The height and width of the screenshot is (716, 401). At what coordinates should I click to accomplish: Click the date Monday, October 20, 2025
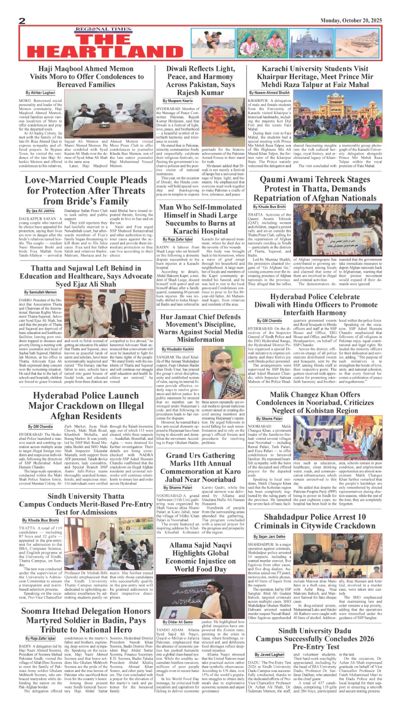coord(351,20)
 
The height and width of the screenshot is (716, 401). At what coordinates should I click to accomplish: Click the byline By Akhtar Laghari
coord(40,93)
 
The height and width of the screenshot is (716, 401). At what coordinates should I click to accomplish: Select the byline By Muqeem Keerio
coord(178,101)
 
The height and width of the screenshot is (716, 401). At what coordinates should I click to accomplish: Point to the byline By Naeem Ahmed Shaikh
coord(269,93)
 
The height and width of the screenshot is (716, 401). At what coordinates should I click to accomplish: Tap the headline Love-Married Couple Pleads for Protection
coord(86,190)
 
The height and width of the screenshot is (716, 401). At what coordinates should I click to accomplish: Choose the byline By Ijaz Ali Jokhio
coord(40,210)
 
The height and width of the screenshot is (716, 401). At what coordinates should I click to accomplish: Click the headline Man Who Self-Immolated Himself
coord(200,219)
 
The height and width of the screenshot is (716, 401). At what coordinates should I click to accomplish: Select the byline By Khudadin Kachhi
coord(178,349)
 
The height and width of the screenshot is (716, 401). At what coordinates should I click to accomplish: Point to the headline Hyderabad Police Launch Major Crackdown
coord(86,406)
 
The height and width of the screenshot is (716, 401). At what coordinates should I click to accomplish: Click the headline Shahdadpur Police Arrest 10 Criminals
coord(314,521)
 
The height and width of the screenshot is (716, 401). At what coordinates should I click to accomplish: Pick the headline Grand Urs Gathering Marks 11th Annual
coord(200,467)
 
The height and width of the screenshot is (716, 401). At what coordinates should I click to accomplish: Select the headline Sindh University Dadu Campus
coord(314,638)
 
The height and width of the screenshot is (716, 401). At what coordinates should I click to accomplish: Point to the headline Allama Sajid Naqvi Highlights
coord(200,557)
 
